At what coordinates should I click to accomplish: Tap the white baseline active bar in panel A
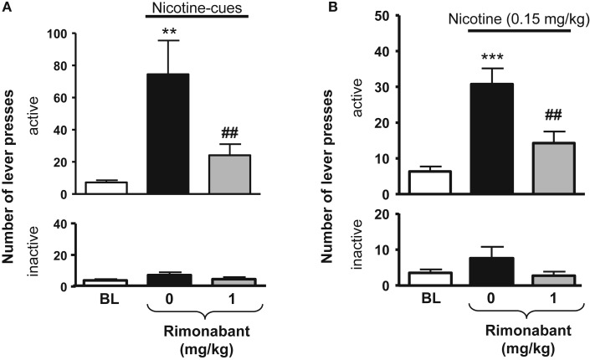[x=105, y=188]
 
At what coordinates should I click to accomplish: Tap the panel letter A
[x=8, y=8]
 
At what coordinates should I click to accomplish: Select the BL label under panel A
[x=105, y=299]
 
